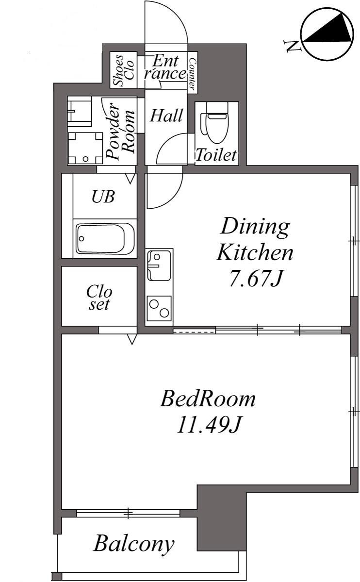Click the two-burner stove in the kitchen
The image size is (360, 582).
click(x=160, y=308)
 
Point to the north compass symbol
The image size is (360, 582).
click(x=327, y=35)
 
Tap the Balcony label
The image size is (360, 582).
click(x=133, y=544)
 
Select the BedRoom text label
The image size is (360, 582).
click(x=208, y=399)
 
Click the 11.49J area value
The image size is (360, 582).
click(x=210, y=425)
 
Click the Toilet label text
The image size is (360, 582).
click(x=216, y=155)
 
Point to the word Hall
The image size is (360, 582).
click(x=166, y=116)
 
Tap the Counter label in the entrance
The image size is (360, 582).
click(x=192, y=74)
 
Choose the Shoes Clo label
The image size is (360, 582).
click(x=124, y=70)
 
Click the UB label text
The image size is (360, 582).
click(x=103, y=197)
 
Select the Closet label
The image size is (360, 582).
click(x=99, y=298)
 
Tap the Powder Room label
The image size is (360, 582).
click(x=120, y=131)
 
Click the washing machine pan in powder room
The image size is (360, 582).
click(x=86, y=148)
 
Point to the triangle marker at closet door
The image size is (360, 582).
click(x=132, y=339)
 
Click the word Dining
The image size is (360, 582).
click(x=255, y=227)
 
